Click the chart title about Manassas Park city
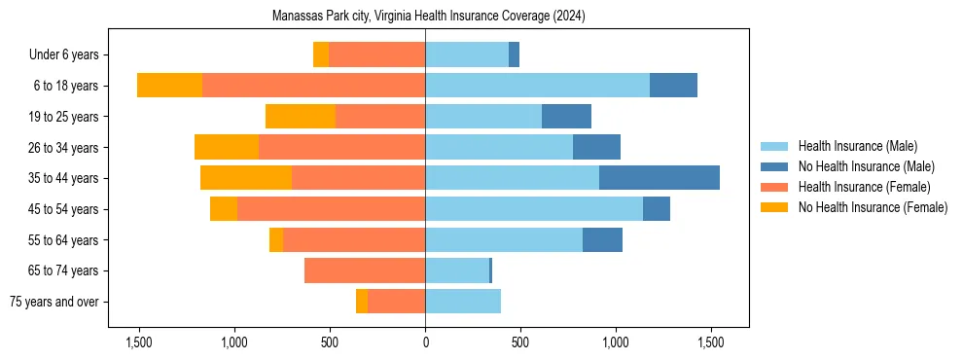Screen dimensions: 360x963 427,17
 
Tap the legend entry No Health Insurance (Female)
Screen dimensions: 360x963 873,207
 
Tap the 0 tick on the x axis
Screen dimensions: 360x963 425,342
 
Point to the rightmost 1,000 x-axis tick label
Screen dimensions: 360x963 616,342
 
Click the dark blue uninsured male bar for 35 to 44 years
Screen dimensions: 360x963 660,178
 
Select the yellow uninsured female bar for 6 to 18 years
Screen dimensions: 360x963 169,86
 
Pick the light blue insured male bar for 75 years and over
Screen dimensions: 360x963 463,302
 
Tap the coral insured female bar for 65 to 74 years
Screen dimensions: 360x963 365,270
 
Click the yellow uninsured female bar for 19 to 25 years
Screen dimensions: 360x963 301,117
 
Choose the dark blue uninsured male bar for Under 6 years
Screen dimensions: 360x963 514,54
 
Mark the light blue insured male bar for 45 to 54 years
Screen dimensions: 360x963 534,209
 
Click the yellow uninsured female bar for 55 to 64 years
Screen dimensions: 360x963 276,240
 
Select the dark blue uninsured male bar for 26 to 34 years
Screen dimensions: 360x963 596,147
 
